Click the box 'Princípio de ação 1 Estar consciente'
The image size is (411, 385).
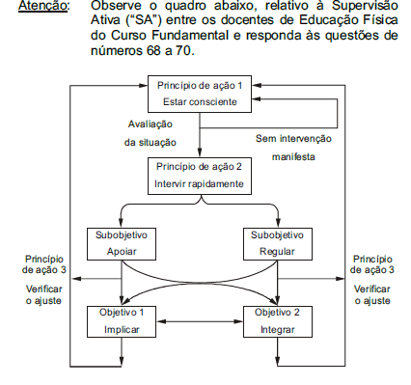(x=198, y=93)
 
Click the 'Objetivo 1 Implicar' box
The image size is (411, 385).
(x=121, y=320)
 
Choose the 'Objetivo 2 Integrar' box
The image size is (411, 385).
(x=277, y=320)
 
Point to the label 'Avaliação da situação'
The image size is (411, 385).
(x=148, y=133)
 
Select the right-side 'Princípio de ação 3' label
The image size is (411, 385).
(x=371, y=264)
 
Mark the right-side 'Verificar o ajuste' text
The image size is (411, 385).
(x=371, y=294)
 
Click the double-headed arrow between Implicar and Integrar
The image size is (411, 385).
(x=199, y=320)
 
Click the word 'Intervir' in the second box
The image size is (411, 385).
(x=172, y=183)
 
